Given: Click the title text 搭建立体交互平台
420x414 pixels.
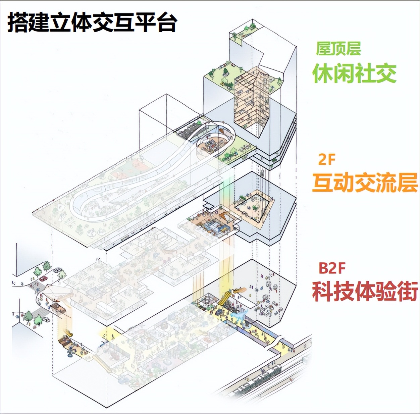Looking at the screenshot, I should point(92,23).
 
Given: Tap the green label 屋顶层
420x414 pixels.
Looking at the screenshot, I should point(338,49).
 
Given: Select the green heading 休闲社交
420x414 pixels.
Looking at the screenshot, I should point(354,73).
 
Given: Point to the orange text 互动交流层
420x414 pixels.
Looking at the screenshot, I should point(365,183).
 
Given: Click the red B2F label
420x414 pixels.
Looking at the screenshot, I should point(332,268).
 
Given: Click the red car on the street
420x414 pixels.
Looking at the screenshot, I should point(43,278).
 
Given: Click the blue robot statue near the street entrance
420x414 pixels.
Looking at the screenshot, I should point(71,352).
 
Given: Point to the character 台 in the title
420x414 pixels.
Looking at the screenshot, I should point(166,23).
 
